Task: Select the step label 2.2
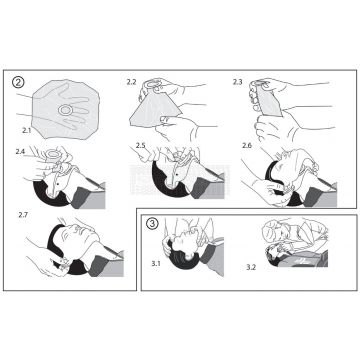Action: coord(131,80)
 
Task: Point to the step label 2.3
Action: coord(237,81)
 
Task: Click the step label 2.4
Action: coord(20,150)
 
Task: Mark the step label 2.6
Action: coord(247,146)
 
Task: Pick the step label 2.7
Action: coord(23,215)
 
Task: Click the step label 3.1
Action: coord(155,263)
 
